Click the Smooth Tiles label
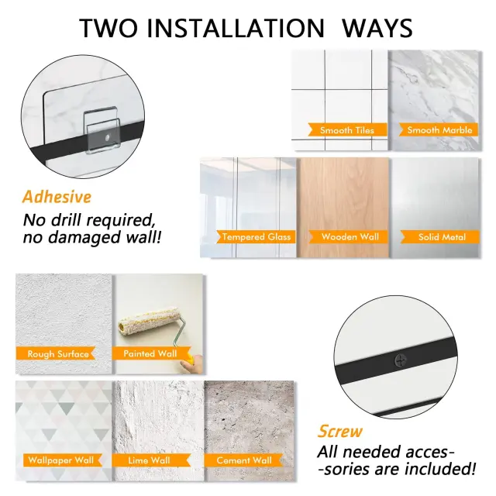click(347, 130)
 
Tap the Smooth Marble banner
click(439, 129)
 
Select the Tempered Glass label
click(256, 236)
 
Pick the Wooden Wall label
click(349, 236)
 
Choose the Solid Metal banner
click(440, 237)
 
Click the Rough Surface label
click(56, 353)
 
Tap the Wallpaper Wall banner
click(62, 460)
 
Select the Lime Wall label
click(151, 460)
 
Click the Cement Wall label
click(243, 460)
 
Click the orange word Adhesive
click(57, 197)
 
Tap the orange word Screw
click(339, 431)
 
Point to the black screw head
click(401, 360)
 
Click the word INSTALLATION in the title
click(236, 28)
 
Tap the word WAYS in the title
click(377, 28)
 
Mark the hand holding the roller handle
click(193, 363)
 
